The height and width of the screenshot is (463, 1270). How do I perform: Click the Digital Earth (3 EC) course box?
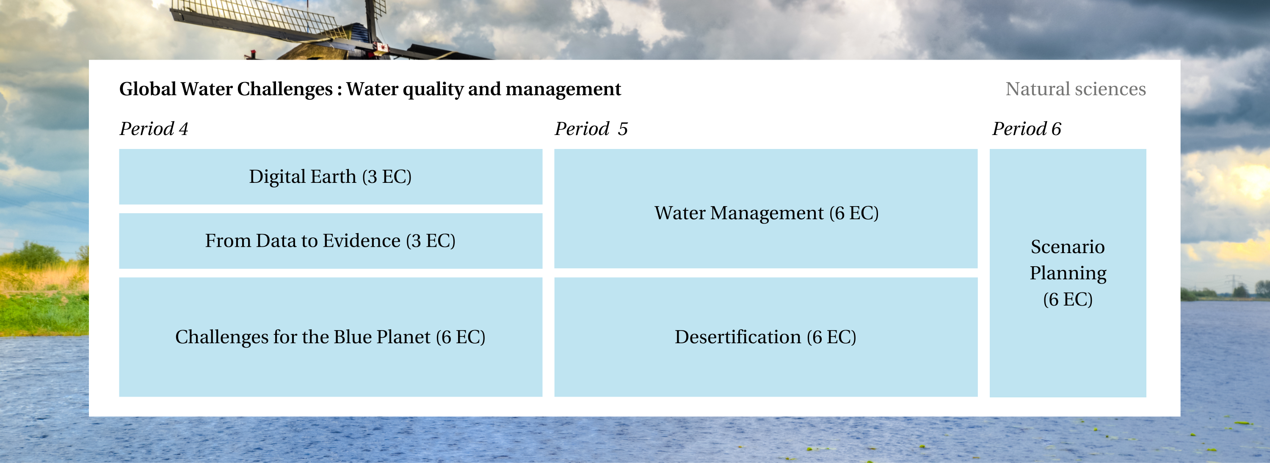(330, 176)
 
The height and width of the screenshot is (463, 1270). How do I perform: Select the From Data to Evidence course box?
(330, 241)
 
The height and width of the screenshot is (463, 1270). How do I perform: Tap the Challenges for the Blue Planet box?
(330, 337)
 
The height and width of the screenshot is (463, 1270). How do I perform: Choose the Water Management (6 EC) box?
(766, 209)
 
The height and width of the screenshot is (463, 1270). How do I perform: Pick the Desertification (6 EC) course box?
(766, 337)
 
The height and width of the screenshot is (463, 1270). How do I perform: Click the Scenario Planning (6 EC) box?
(1068, 273)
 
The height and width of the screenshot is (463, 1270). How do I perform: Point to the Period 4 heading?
(154, 129)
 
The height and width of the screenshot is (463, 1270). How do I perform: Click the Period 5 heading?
(591, 129)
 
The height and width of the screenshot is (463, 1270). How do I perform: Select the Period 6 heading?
(1027, 129)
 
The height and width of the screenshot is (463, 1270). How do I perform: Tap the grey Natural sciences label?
(1076, 89)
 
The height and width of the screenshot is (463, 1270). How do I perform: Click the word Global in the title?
(148, 89)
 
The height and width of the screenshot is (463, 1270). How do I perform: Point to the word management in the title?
(563, 90)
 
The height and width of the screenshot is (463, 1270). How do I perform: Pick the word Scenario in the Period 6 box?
(1068, 247)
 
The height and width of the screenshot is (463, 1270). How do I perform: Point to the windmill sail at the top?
(257, 17)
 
